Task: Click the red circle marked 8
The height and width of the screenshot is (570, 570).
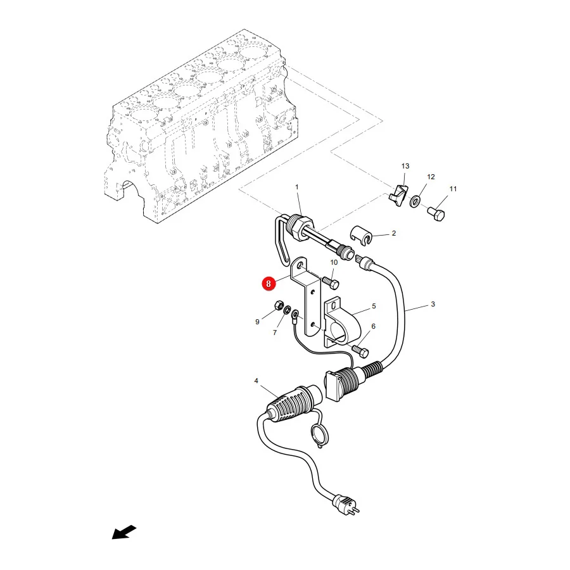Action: pyautogui.click(x=269, y=284)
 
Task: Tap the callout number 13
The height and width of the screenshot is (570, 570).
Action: pyautogui.click(x=405, y=166)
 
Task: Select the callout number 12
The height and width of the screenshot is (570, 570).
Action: pyautogui.click(x=431, y=177)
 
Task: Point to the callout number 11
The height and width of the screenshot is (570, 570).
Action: pyautogui.click(x=453, y=189)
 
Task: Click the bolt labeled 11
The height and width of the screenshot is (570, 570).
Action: pyautogui.click(x=436, y=213)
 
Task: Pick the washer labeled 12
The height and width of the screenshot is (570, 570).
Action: pyautogui.click(x=415, y=201)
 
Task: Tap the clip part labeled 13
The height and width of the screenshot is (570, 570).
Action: pyautogui.click(x=398, y=194)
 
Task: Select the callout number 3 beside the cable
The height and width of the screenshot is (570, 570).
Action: pyautogui.click(x=433, y=304)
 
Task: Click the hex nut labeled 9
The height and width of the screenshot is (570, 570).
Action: pyautogui.click(x=279, y=305)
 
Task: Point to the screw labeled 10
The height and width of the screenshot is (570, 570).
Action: pyautogui.click(x=331, y=282)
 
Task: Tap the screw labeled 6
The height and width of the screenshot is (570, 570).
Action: pyautogui.click(x=360, y=351)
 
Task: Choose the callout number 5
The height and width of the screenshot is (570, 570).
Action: pyautogui.click(x=374, y=306)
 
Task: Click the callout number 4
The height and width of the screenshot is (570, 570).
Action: pyautogui.click(x=256, y=381)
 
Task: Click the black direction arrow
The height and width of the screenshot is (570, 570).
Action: pyautogui.click(x=123, y=533)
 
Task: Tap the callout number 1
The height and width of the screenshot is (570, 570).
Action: pyautogui.click(x=296, y=187)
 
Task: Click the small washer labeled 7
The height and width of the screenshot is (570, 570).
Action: pyautogui.click(x=286, y=310)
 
